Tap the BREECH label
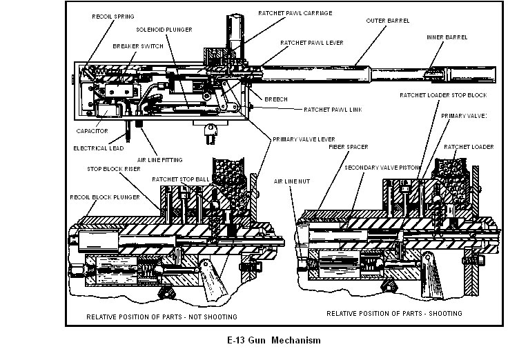point(276,99)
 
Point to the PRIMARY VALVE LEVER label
point(299,139)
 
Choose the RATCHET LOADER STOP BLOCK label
point(438,94)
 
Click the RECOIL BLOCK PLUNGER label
point(104,197)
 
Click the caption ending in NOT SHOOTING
point(162,317)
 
